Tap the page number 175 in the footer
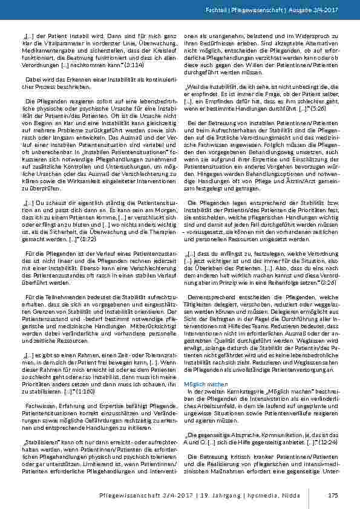pyautogui.click(x=332, y=496)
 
